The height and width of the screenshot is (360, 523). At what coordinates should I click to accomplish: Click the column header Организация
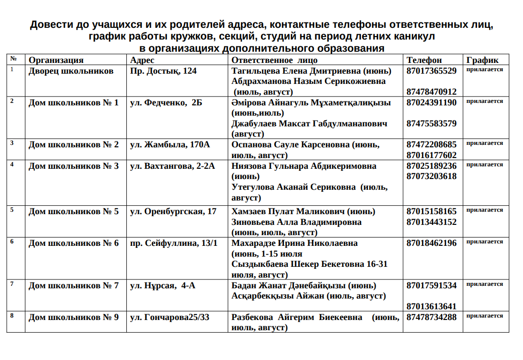point(56,60)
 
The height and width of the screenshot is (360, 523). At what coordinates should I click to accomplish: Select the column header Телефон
point(424,60)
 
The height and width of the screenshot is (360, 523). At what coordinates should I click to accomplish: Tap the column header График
point(482,60)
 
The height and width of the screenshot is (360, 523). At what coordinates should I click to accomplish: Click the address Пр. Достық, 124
point(163,71)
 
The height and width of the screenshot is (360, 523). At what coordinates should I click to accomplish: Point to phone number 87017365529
point(431,71)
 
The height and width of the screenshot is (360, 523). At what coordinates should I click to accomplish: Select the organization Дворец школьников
point(71,71)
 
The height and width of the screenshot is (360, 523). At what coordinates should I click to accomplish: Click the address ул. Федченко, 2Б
point(166,102)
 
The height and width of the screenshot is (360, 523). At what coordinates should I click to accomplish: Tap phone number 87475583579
point(431,123)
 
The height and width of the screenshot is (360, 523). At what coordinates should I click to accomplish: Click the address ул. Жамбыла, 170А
point(170,144)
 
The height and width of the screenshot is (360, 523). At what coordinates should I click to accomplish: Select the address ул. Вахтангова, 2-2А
point(172,166)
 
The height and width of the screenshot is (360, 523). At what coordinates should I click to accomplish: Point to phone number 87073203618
point(431,176)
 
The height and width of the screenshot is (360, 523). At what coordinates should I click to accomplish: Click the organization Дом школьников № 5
point(74,211)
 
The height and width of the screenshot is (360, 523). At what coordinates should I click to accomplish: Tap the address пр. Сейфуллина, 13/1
point(174,243)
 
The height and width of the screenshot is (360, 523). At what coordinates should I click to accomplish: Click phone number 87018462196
point(431,243)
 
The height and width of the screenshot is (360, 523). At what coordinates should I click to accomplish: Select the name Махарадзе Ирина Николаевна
point(295,243)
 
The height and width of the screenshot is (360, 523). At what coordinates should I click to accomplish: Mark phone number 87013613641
point(431,306)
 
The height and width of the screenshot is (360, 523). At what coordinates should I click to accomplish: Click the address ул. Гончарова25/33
point(169,317)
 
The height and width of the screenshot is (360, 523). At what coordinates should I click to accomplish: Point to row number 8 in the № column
point(12,316)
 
